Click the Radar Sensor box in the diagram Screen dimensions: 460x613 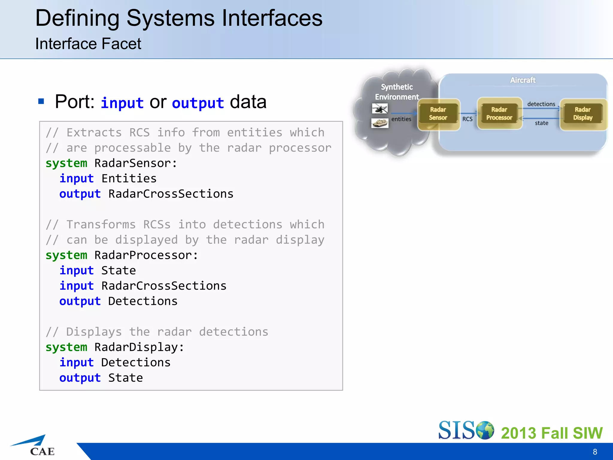(438, 114)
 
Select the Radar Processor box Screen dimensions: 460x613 (499, 114)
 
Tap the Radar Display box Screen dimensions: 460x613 (583, 114)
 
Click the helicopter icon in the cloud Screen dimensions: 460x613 (380, 108)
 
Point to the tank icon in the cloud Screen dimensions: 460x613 (380, 123)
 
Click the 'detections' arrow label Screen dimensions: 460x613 (541, 104)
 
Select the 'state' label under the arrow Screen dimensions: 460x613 (541, 123)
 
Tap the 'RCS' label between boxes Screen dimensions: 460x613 (467, 119)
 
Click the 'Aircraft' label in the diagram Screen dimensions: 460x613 (523, 80)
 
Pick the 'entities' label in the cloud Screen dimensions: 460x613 (401, 119)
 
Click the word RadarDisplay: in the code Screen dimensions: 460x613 (139, 347)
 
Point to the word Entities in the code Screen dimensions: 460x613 (129, 178)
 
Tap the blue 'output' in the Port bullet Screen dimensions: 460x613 (198, 103)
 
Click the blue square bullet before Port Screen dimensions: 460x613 (41, 101)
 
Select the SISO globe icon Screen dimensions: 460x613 (485, 430)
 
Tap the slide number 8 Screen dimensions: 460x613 (595, 452)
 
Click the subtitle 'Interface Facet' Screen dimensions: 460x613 (88, 44)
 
